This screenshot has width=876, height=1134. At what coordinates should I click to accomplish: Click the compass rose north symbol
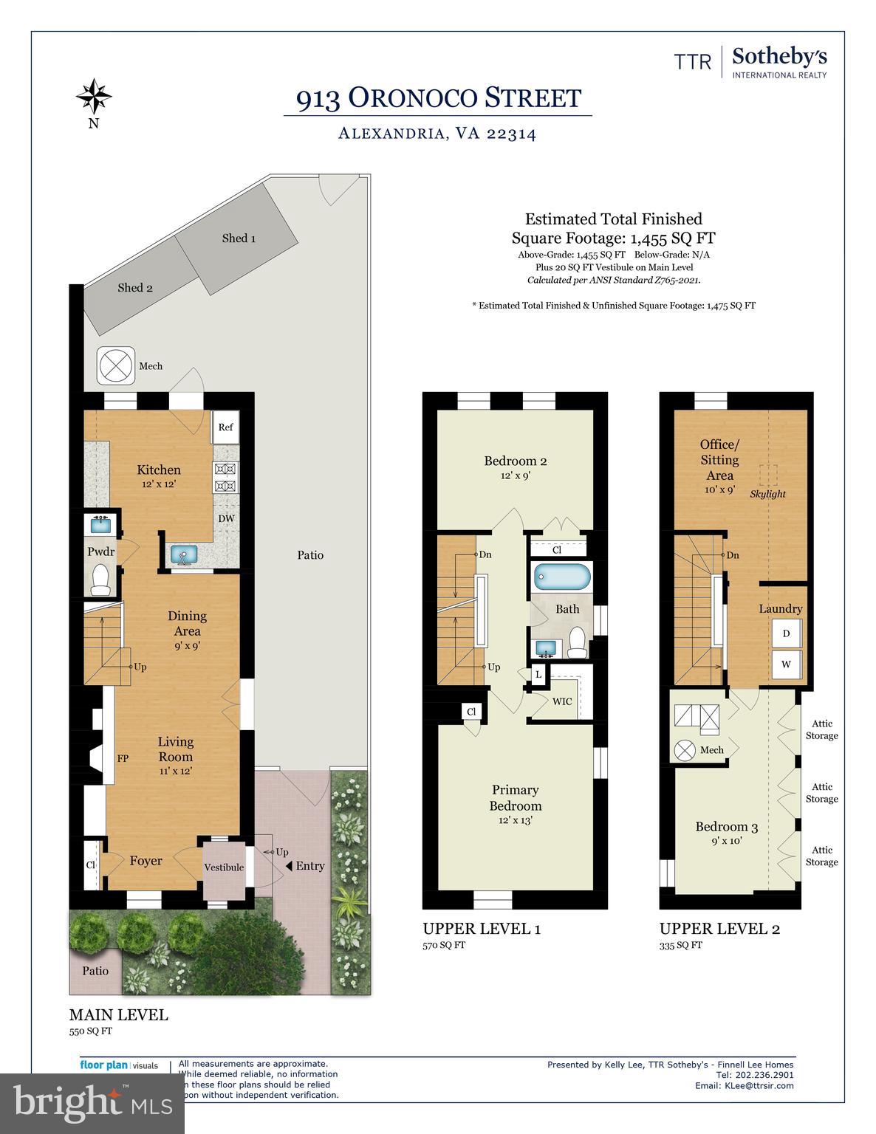pos(94,96)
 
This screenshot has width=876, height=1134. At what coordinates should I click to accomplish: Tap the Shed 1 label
pos(239,238)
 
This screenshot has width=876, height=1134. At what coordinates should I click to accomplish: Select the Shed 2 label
pos(135,287)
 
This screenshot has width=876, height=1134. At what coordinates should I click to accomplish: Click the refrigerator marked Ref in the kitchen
pos(225,427)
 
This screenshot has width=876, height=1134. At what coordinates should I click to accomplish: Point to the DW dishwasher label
pos(226,518)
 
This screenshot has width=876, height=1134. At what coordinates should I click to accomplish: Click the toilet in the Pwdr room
pos(100,580)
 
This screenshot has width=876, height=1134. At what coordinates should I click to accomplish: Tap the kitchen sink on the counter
pos(179,554)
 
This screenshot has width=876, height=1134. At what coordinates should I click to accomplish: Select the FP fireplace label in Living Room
pos(123,757)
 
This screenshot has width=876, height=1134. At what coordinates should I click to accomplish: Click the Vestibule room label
pos(224,867)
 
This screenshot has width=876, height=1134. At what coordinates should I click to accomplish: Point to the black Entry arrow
pos(290,866)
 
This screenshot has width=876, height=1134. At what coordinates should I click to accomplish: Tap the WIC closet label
pos(562,701)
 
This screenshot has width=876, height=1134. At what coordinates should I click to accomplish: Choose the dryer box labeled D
pos(786,633)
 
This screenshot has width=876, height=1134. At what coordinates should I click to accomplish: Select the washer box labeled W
pos(786,664)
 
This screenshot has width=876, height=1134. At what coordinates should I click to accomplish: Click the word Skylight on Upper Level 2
pos(767,494)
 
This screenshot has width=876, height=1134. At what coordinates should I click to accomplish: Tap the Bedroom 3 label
pos(727,827)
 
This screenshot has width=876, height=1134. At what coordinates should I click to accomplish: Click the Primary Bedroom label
pos(516,798)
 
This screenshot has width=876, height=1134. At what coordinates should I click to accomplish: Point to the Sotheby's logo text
pos(779,58)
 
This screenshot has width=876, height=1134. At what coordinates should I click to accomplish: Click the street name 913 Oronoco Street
pos(439,98)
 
